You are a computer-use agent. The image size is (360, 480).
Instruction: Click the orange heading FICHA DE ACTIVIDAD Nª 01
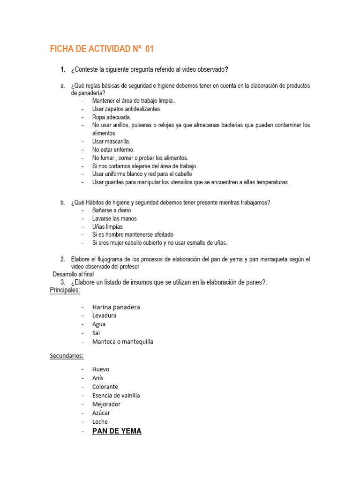pos(102,49)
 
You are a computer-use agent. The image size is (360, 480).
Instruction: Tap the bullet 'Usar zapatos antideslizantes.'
pos(127,109)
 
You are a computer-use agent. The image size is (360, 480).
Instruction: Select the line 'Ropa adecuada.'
pos(112,117)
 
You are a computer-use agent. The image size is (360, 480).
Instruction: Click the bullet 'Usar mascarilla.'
pos(111,142)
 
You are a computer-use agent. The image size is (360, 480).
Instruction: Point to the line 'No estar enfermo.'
pos(113,150)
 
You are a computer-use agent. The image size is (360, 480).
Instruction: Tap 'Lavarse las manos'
pos(114,218)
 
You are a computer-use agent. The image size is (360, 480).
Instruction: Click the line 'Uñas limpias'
pos(107,226)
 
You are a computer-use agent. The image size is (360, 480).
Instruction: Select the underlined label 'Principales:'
pos(65,290)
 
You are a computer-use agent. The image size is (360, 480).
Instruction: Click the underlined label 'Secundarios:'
pos(67,356)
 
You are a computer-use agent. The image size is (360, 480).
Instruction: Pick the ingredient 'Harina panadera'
pos(116,307)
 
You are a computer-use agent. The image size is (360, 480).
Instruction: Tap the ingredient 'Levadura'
pos(104,315)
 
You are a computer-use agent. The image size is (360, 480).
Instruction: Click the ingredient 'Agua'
pos(99,324)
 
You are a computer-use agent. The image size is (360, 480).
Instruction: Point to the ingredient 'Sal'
pos(96,333)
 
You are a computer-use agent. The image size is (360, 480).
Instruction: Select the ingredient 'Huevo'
pos(100,369)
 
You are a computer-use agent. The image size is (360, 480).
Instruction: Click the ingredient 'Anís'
pos(98,378)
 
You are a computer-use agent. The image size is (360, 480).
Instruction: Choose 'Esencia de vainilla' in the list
pos(116,395)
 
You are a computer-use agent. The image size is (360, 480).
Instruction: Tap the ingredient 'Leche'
pos(100,421)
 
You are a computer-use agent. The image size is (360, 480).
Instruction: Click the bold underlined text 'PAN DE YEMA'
pos(117,431)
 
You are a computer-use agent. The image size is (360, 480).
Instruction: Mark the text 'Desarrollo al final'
pos(73,274)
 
